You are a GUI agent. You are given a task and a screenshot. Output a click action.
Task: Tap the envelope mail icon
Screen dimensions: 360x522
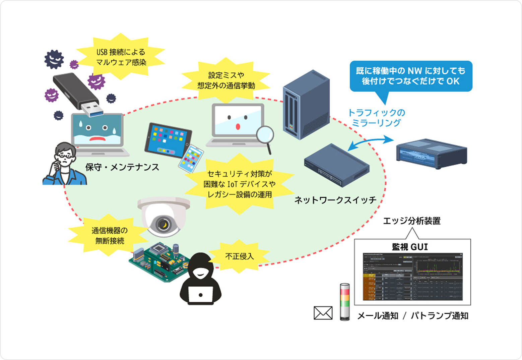click(x=323, y=313)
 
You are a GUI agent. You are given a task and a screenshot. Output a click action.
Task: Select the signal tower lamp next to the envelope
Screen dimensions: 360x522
click(x=344, y=302)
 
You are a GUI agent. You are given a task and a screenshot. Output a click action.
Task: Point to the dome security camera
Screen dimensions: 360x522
click(x=164, y=216)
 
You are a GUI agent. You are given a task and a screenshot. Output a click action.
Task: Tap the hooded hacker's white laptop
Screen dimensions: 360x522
click(x=200, y=294)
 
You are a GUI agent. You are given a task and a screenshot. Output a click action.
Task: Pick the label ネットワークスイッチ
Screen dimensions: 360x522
click(x=335, y=200)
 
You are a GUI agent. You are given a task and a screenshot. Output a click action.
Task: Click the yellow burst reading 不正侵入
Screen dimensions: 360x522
click(x=239, y=256)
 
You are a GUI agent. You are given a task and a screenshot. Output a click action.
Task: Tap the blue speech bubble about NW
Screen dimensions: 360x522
click(x=411, y=76)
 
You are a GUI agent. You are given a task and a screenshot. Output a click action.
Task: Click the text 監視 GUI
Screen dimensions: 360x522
click(x=410, y=247)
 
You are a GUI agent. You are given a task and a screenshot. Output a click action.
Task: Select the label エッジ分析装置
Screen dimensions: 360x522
click(x=412, y=221)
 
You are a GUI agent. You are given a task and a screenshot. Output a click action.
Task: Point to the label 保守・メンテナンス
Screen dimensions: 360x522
click(x=122, y=167)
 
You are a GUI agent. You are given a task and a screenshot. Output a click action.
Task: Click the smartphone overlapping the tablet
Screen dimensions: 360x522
click(x=191, y=159)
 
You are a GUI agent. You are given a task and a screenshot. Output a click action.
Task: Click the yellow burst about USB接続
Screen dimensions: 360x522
click(x=121, y=57)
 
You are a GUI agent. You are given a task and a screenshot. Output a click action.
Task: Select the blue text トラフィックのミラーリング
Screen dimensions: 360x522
click(x=376, y=118)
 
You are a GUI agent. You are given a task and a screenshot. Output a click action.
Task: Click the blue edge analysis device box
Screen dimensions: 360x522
click(x=432, y=154)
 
